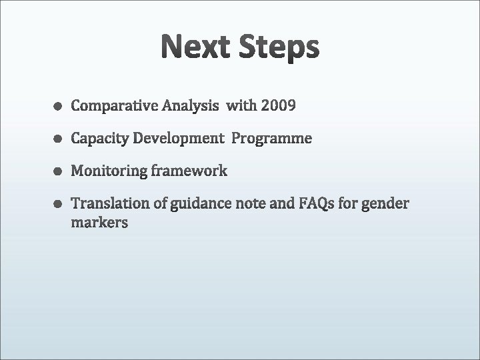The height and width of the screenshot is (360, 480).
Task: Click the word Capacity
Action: point(100,139)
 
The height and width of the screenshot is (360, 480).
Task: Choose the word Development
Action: point(179,139)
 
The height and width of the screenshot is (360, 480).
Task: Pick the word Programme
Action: point(271,139)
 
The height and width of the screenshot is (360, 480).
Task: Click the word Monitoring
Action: point(108,171)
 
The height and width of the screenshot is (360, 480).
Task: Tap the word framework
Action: point(189,171)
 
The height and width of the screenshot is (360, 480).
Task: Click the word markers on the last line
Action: point(99,223)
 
